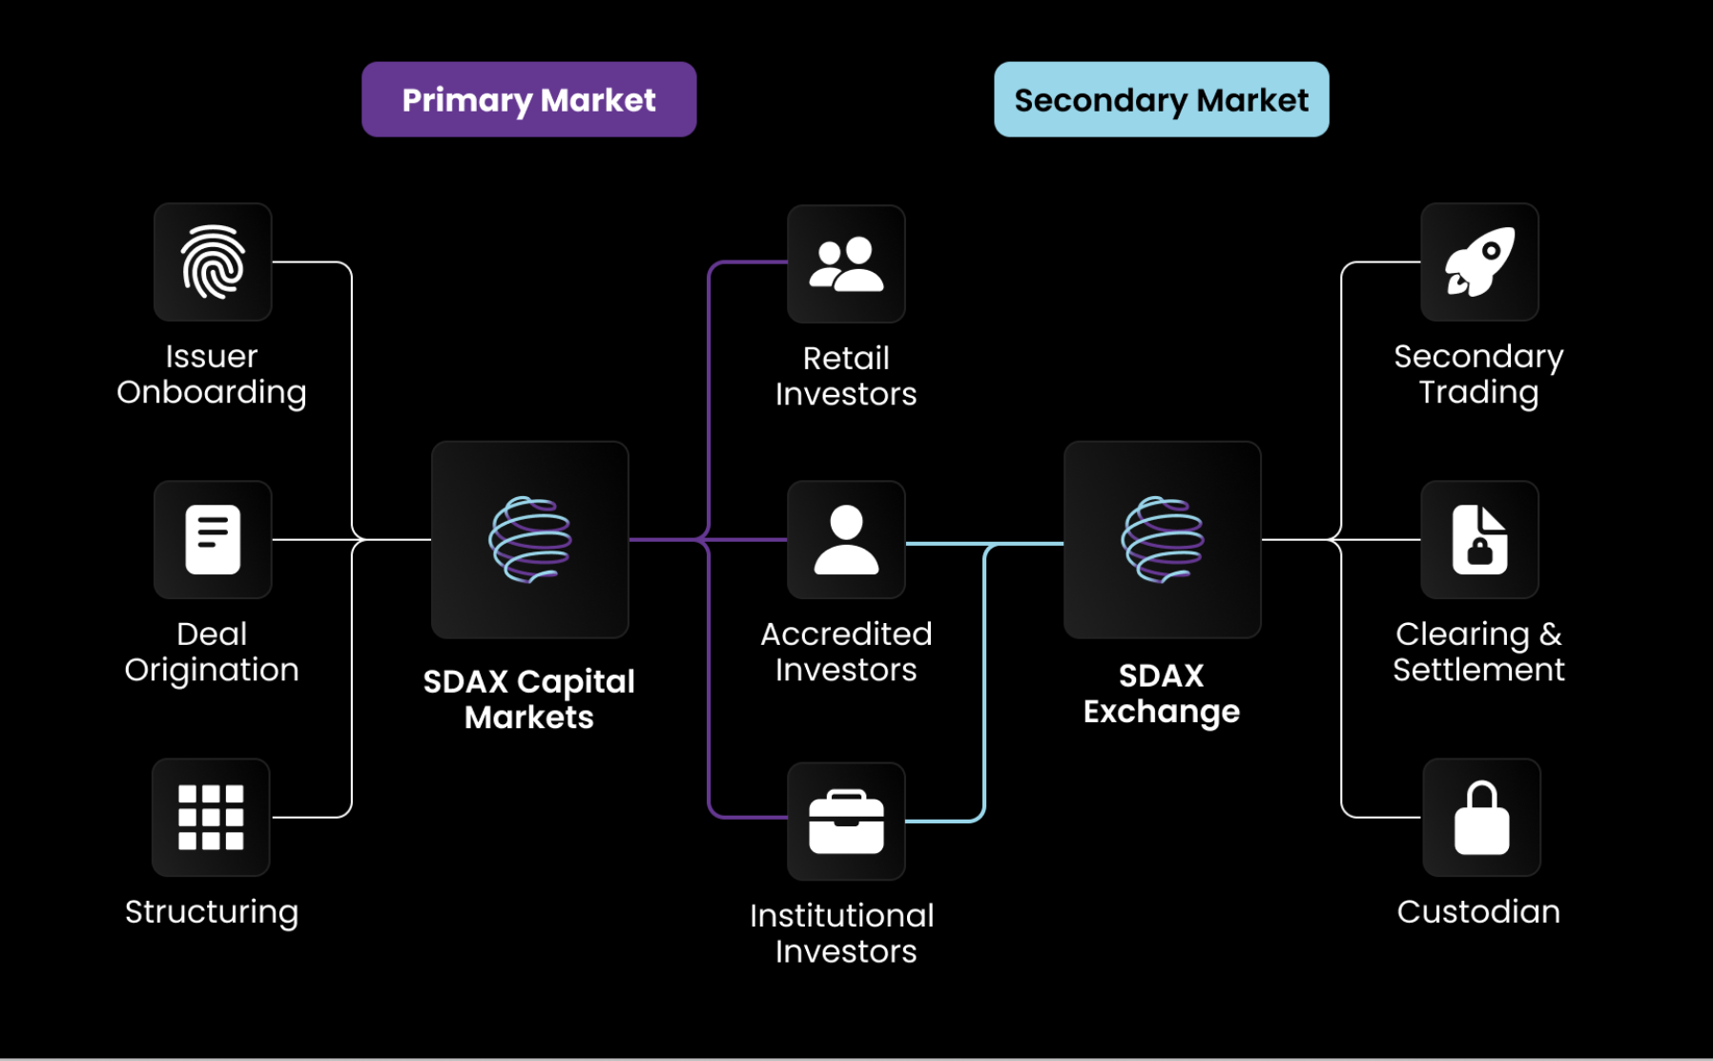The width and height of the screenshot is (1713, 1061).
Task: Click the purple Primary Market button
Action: (x=528, y=99)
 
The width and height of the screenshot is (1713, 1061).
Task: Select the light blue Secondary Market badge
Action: (x=1161, y=99)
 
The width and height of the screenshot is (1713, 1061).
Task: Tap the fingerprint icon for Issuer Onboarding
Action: (x=213, y=261)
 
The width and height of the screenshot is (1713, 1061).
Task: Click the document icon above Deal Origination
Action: (x=213, y=539)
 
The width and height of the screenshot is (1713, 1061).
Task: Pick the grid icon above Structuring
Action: (x=211, y=817)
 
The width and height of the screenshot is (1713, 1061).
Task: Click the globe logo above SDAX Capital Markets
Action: (x=529, y=539)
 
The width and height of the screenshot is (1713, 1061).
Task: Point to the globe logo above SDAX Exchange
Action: (x=1162, y=539)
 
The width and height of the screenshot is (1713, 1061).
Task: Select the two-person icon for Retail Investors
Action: (x=846, y=263)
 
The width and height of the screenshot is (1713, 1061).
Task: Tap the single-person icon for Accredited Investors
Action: (x=846, y=539)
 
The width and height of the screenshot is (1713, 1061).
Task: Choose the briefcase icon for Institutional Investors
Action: (x=846, y=821)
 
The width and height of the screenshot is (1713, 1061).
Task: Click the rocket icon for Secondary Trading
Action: (x=1479, y=261)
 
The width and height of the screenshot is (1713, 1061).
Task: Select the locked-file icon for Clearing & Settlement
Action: (x=1479, y=539)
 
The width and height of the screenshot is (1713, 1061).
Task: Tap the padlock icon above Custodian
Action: (x=1481, y=817)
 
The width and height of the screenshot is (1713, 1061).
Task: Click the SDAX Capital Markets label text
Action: (x=528, y=698)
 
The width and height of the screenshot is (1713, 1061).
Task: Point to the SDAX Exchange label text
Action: (x=1161, y=693)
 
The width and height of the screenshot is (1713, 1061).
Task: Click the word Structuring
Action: (x=212, y=911)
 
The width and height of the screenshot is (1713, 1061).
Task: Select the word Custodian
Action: (x=1478, y=911)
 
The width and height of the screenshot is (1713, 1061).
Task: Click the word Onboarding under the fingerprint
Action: (x=212, y=392)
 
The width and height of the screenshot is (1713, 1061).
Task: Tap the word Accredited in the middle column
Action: (x=846, y=634)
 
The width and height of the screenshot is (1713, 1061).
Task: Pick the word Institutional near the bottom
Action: (x=842, y=915)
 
